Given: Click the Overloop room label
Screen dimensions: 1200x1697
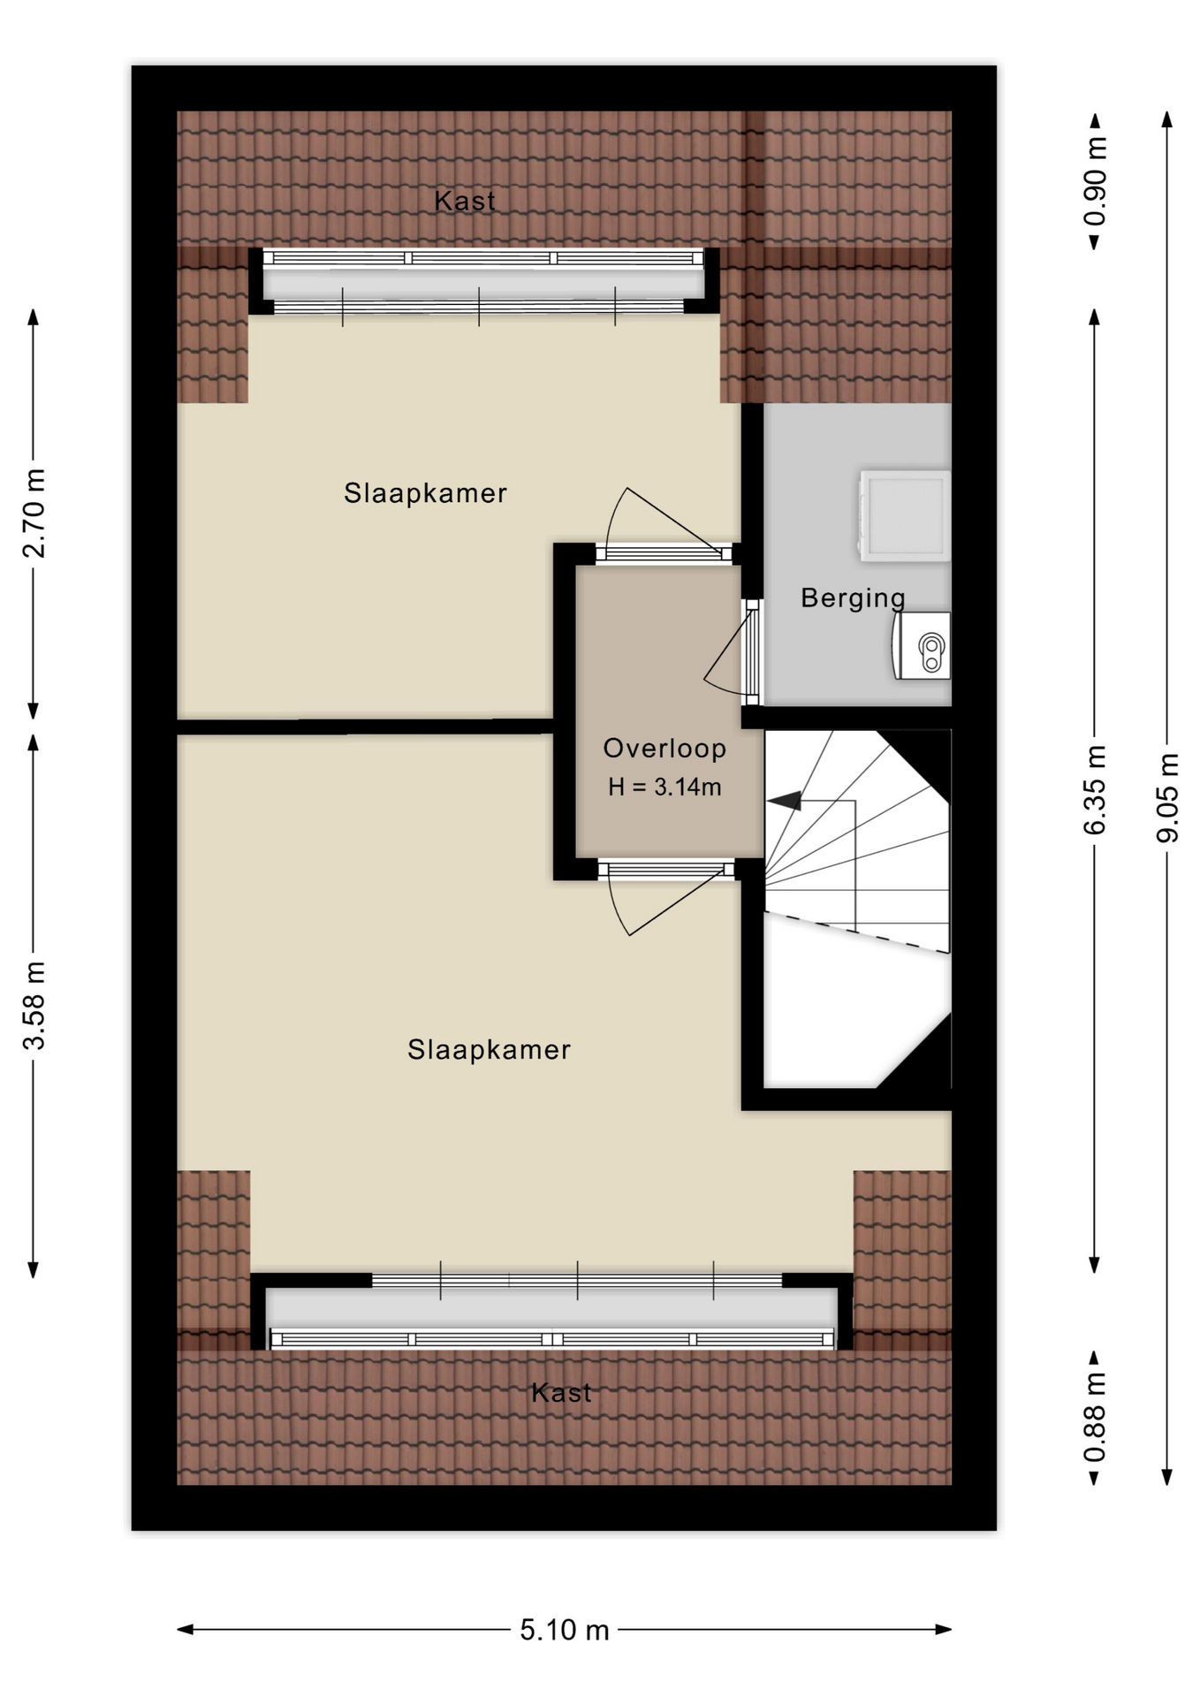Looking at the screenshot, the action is [x=665, y=749].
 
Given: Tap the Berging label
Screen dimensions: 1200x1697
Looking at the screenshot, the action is [x=853, y=598].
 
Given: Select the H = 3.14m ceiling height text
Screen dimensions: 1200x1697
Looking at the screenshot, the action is [x=665, y=787].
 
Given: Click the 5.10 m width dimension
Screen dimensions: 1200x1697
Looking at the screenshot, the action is [x=565, y=1629].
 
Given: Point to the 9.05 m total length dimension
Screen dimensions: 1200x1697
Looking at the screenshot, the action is [x=1168, y=798].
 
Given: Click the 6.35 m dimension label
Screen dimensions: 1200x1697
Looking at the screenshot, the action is [x=1095, y=790].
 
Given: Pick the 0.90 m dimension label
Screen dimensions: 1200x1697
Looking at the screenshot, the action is [x=1095, y=181].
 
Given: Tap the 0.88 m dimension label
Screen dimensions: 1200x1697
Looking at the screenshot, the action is [x=1095, y=1418].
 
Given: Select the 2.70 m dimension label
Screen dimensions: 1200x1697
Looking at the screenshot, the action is [x=34, y=514].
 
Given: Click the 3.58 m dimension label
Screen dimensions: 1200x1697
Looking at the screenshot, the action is [x=34, y=1005].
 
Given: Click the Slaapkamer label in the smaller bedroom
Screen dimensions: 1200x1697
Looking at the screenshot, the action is [x=425, y=493].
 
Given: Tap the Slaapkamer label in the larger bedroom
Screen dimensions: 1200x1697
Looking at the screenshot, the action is [x=489, y=1050].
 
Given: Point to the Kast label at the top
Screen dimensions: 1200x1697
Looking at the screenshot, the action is [x=465, y=201].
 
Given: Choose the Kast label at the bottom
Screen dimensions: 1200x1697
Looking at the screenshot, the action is [x=561, y=1393].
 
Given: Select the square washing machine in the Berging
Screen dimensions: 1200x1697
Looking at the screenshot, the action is [x=905, y=516].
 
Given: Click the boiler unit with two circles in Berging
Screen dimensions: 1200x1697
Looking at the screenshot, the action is [x=922, y=645].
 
